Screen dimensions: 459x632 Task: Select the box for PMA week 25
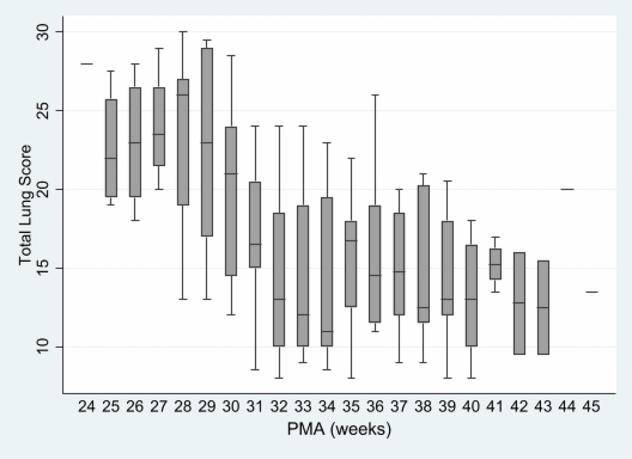coord(112,148)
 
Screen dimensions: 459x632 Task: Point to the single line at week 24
coord(86,64)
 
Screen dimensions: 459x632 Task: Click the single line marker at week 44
coord(568,189)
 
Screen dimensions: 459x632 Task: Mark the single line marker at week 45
coord(591,292)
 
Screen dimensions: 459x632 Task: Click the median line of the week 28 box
coord(182,95)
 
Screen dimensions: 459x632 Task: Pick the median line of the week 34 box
coord(327,331)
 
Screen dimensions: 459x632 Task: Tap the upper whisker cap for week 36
coord(375,95)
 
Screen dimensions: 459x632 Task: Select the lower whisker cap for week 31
coord(255,369)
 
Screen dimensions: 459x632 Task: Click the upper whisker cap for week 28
coord(182,32)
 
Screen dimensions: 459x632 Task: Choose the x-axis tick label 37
coord(398,407)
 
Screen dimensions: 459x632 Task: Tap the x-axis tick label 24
coord(86,407)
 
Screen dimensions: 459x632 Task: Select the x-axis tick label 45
coord(591,407)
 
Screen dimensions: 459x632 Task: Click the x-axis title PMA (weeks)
coord(340,430)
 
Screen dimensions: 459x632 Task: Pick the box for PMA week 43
coord(544,307)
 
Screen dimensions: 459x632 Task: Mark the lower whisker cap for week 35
coord(351,377)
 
